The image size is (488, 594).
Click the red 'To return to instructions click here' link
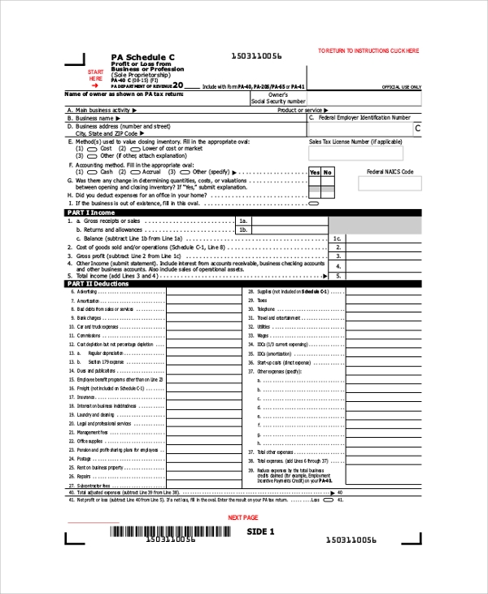(368, 50)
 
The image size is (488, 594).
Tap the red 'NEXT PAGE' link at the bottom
(242, 518)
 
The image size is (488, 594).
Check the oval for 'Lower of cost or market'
(136, 149)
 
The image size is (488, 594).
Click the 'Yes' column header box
(315, 173)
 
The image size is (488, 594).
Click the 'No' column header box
(328, 173)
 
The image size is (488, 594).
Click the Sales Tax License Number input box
(364, 155)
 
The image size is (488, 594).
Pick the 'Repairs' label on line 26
(85, 477)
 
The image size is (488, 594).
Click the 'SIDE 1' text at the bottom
(261, 531)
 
